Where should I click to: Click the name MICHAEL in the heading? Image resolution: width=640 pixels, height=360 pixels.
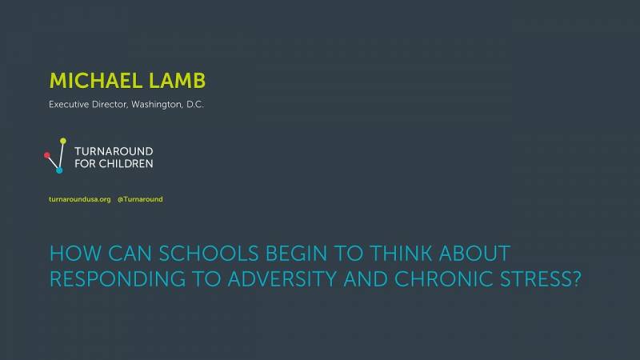[x=95, y=81]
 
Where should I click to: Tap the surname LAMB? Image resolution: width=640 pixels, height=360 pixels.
[x=177, y=81]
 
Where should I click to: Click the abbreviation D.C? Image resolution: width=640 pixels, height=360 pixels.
[x=195, y=105]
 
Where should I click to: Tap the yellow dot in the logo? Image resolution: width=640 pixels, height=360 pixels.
[x=63, y=141]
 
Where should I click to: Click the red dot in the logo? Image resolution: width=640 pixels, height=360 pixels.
[x=47, y=155]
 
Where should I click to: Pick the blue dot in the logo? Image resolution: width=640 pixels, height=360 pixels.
[x=59, y=170]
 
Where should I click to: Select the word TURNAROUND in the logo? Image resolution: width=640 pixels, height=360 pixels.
[x=114, y=151]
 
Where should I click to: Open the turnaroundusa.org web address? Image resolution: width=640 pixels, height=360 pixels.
[x=79, y=199]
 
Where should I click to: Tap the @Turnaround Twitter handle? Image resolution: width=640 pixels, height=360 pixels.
[x=140, y=199]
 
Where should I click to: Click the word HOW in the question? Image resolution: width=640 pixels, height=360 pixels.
[x=75, y=254]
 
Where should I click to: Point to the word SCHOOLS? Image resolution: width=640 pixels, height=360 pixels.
[x=209, y=254]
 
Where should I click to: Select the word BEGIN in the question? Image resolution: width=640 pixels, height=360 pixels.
[x=296, y=254]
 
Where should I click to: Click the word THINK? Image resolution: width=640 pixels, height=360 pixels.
[x=401, y=254]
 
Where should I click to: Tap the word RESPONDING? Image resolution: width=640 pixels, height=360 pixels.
[x=118, y=279]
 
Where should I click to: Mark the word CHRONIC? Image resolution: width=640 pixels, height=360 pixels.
[x=444, y=279]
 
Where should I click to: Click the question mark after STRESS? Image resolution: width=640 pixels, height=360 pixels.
[x=576, y=279]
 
